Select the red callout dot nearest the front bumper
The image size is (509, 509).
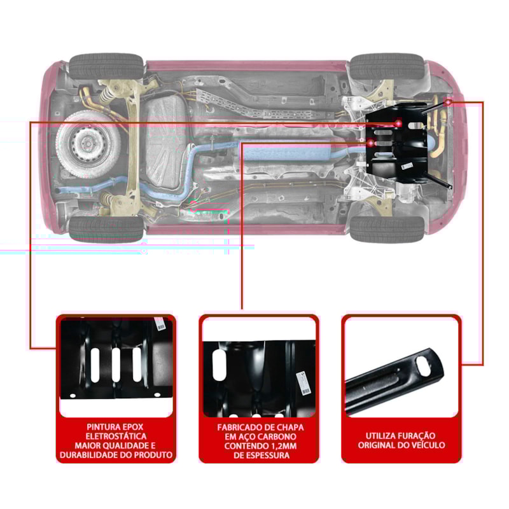tap(449, 101)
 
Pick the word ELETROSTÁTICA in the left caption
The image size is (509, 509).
tap(116, 436)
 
